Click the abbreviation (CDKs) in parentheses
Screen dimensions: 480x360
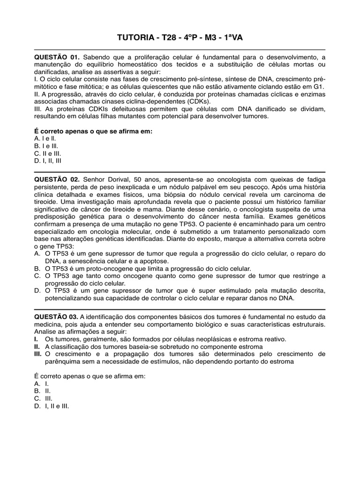pyautogui.click(x=196, y=101)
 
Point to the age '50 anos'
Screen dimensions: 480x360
pyautogui.click(x=147, y=180)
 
